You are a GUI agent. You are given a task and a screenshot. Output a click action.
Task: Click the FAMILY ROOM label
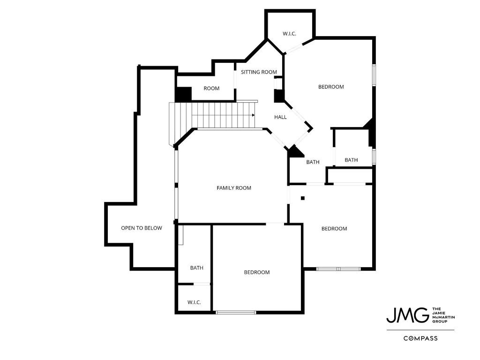[234, 188]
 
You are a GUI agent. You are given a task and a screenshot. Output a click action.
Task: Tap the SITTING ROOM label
[259, 72]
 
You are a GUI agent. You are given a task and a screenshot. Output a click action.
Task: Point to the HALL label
[280, 117]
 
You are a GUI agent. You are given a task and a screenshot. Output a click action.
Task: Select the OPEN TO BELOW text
[142, 228]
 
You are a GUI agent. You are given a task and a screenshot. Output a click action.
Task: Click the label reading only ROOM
[211, 89]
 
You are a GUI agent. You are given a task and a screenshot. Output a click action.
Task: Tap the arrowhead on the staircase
[254, 115]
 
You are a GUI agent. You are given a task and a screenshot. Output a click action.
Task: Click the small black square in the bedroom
[303, 198]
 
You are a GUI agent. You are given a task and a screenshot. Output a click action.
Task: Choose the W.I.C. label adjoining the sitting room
[289, 34]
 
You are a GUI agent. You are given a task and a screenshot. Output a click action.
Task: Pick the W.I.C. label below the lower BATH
[194, 302]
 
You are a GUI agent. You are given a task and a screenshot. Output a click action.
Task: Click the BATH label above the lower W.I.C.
[196, 268]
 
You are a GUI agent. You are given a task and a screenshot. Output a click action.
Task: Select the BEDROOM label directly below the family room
[257, 272]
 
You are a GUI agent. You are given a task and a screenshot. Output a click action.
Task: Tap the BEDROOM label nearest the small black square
[334, 229]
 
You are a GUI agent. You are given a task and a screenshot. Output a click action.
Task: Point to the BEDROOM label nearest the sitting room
[331, 87]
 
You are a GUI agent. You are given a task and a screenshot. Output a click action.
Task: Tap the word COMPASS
[420, 338]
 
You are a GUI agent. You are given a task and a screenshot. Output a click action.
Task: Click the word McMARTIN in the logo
[443, 317]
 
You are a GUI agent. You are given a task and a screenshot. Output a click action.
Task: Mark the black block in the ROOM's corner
[184, 94]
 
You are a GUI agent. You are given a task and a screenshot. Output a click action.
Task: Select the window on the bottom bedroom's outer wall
[236, 313]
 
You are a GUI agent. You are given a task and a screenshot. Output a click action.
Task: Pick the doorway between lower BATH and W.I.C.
[202, 285]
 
